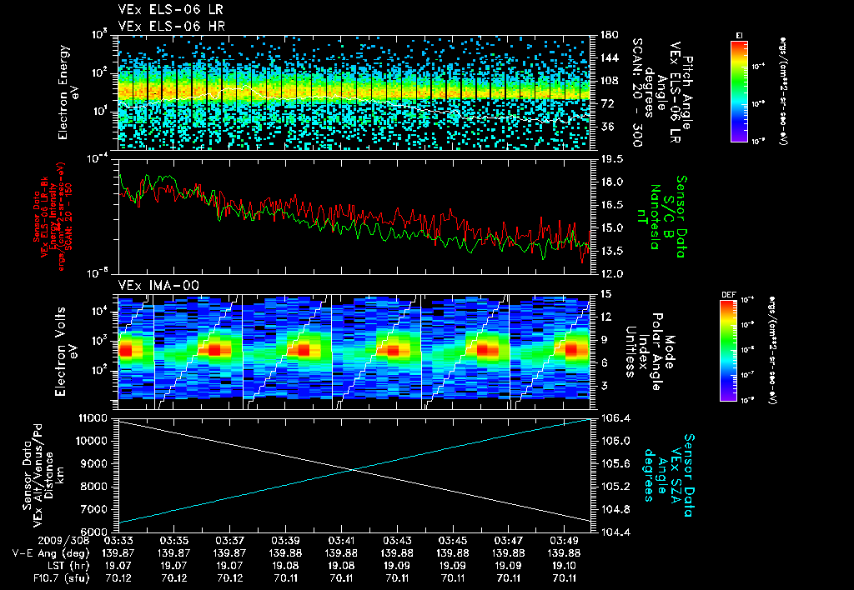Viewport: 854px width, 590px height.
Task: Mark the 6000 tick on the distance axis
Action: (x=96, y=532)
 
